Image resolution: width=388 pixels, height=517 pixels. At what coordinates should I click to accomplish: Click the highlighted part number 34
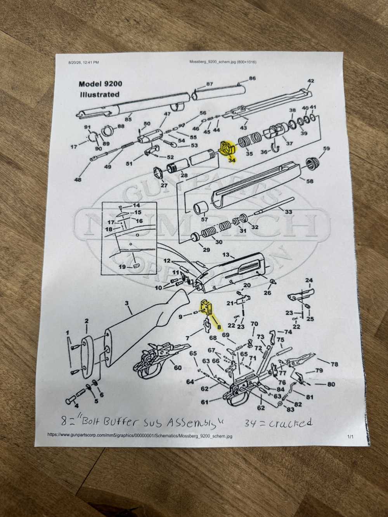[x=232, y=160]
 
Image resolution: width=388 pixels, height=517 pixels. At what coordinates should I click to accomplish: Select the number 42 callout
[x=311, y=81]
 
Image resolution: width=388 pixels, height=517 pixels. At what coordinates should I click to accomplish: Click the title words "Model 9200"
[x=100, y=84]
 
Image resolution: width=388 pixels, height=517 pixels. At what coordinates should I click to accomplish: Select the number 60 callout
[x=178, y=367]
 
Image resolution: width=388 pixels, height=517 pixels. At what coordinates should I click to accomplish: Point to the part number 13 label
[x=225, y=254]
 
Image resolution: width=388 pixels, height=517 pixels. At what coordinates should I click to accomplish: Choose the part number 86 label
[x=252, y=78]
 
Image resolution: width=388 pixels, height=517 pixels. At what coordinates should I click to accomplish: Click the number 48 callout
[x=78, y=180]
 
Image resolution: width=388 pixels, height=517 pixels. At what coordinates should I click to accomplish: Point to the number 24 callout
[x=309, y=280]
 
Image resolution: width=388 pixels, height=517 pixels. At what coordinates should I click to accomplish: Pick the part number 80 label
[x=331, y=384]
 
